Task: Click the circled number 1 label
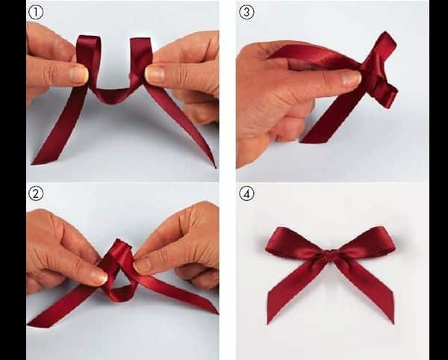point(36,12)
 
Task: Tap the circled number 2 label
point(36,193)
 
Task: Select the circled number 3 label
point(246,12)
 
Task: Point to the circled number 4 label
point(246,193)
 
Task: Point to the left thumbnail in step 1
point(79,74)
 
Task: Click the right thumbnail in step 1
point(155,73)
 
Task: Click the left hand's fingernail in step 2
point(99,276)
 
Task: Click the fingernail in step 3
point(351,78)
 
